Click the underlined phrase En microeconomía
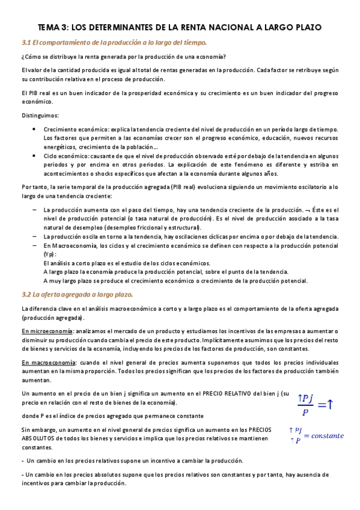(x=47, y=331)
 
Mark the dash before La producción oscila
(x=34, y=237)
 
